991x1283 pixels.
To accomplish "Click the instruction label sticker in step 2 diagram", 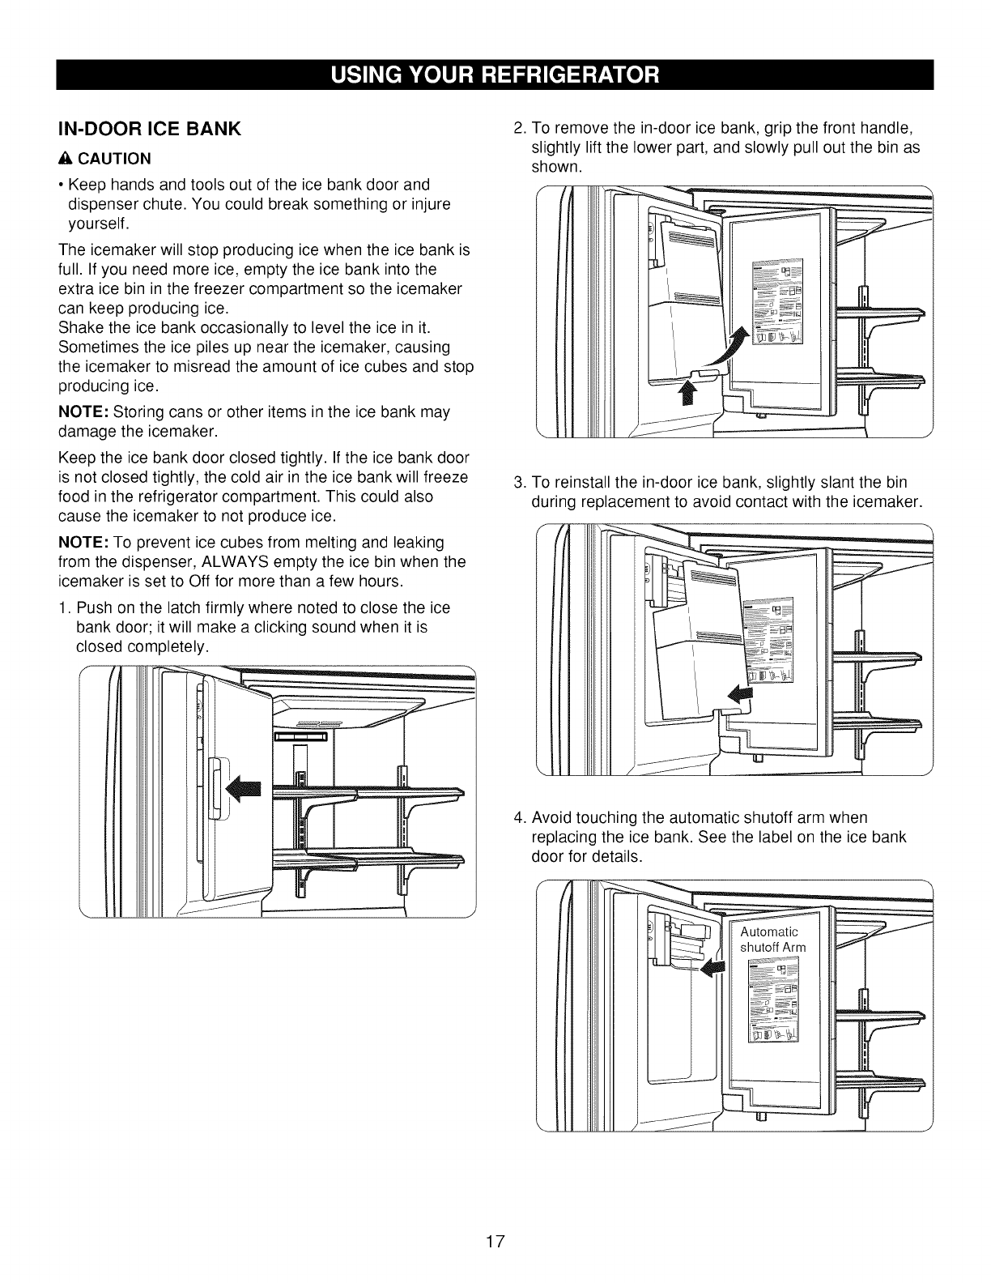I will point(776,303).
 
